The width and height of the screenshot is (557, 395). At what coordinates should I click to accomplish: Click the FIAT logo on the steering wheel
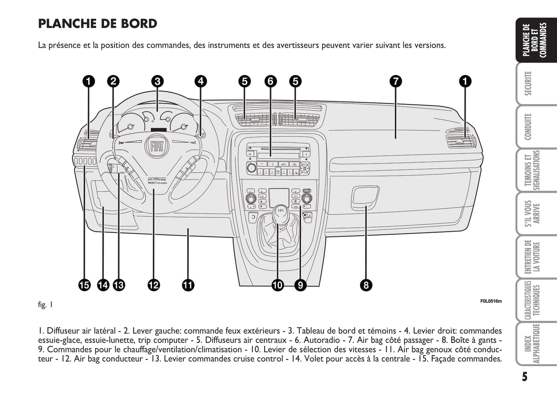tap(156, 146)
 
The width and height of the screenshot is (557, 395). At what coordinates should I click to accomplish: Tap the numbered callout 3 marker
tap(157, 81)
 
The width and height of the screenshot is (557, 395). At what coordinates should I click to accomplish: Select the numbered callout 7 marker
tap(395, 81)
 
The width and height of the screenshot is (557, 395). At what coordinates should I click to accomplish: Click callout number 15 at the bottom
tap(84, 285)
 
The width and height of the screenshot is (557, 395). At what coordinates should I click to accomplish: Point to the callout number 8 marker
tap(366, 285)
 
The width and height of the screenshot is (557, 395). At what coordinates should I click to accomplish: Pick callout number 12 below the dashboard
tap(153, 285)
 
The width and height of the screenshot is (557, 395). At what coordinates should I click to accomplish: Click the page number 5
tap(525, 377)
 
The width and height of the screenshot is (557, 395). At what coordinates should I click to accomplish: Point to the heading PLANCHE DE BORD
tap(98, 24)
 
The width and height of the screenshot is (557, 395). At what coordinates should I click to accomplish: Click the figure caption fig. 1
tap(45, 305)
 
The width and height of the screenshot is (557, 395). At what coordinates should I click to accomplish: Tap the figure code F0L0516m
tap(491, 301)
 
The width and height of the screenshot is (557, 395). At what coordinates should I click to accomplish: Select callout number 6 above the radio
tap(271, 81)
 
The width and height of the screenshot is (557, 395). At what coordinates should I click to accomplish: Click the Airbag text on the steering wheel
tap(157, 180)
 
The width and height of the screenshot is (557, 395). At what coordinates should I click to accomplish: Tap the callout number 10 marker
tap(278, 285)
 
